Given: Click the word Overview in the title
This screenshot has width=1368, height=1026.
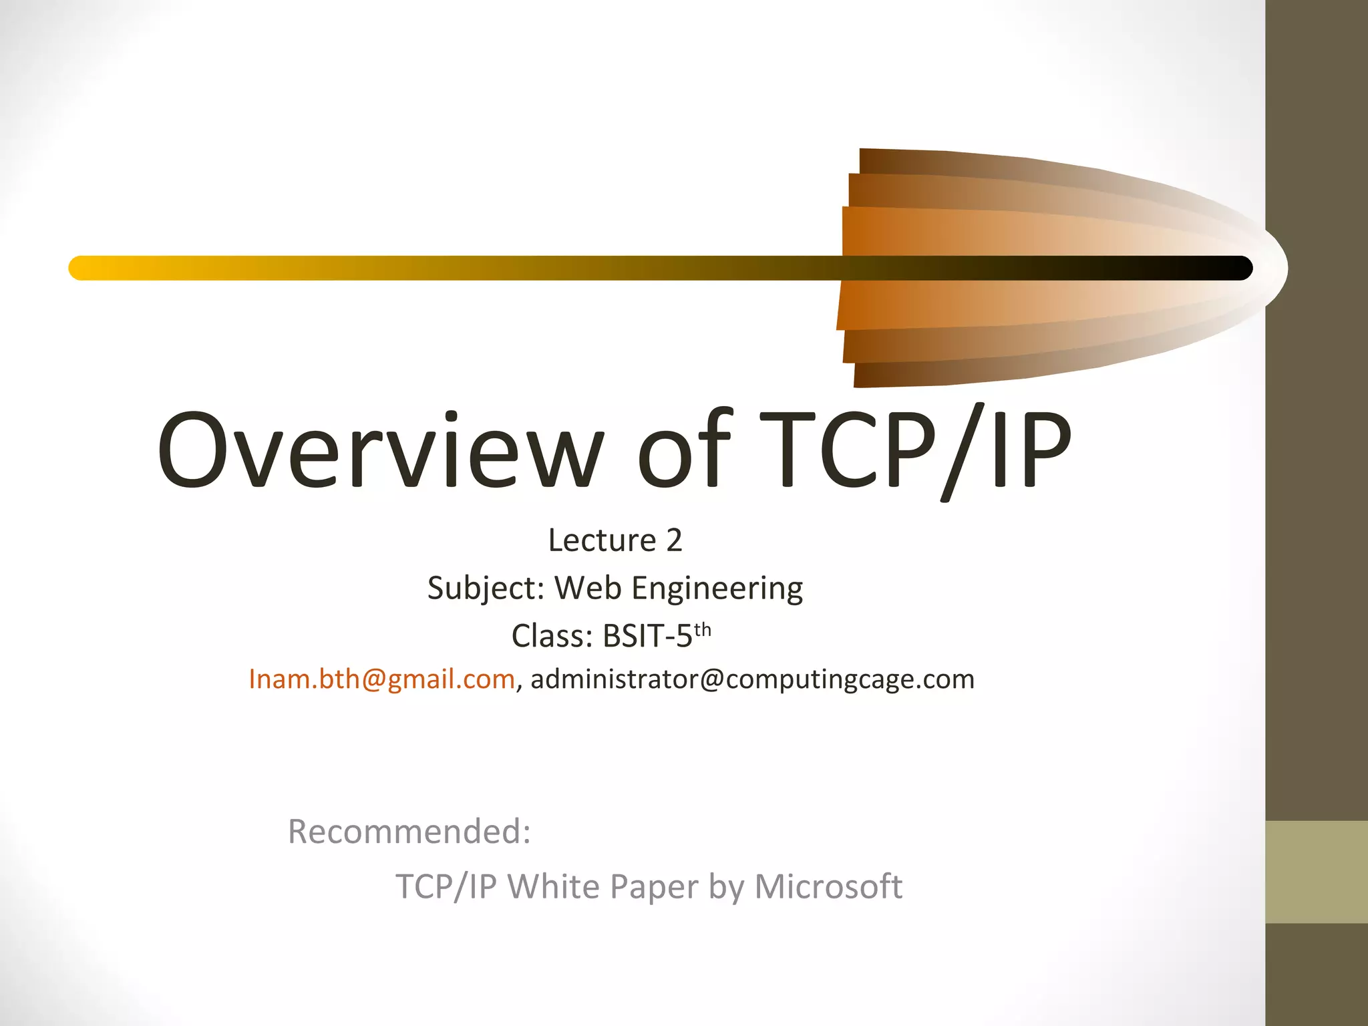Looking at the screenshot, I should [x=381, y=449].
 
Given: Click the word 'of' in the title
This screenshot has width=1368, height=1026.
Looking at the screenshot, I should [x=685, y=449].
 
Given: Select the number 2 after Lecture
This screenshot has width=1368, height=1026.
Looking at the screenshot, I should [x=674, y=540].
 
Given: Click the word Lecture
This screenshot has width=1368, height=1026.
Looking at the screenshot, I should [x=602, y=540].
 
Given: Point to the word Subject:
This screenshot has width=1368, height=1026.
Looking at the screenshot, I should [x=486, y=588].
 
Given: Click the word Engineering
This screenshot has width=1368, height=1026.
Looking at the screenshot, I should [x=717, y=588].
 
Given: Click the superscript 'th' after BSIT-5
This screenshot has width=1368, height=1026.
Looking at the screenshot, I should [x=702, y=630].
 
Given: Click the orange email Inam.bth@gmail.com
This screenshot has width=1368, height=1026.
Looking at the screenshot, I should [x=381, y=679].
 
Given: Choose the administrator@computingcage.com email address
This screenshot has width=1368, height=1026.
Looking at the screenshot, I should [x=752, y=679].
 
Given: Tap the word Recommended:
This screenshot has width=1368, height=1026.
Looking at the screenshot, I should [x=409, y=832].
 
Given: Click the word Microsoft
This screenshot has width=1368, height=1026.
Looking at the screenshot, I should [x=828, y=887].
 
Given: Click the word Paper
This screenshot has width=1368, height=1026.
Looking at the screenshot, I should [x=654, y=887].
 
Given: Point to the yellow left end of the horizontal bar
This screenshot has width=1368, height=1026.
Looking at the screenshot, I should [x=83, y=268].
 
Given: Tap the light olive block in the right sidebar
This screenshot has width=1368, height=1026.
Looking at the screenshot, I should [x=1316, y=872].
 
